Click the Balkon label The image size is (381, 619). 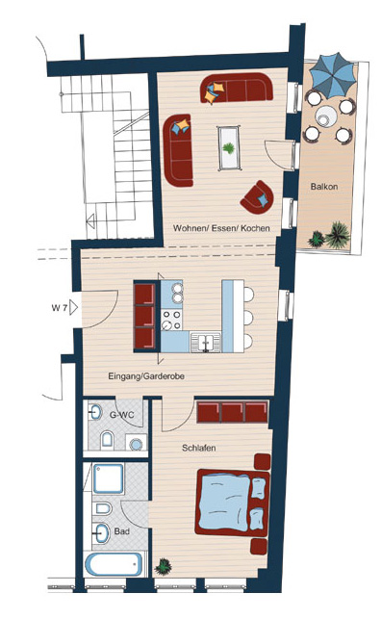pos(324,187)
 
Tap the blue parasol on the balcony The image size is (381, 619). pos(333,75)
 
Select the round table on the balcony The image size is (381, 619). pos(326,116)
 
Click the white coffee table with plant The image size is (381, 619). pos(229,148)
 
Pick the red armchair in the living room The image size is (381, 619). pos(258,197)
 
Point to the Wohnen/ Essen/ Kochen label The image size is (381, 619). pos(221,228)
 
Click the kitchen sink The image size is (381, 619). pos(206,342)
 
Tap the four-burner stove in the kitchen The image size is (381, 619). pos(171,320)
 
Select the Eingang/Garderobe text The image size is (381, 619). pos(146,376)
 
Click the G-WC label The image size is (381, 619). pos(121,415)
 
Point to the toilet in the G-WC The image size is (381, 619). pos(107,439)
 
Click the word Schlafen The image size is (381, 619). pos(199,448)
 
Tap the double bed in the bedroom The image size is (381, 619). pos(233,502)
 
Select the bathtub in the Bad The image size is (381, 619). pos(114,564)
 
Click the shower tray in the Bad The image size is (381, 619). pos(108,478)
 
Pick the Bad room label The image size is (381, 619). pos(122,531)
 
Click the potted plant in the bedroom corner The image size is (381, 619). pos(163,566)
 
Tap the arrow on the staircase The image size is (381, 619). pos(91,220)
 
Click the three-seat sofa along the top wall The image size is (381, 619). pos(237,88)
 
